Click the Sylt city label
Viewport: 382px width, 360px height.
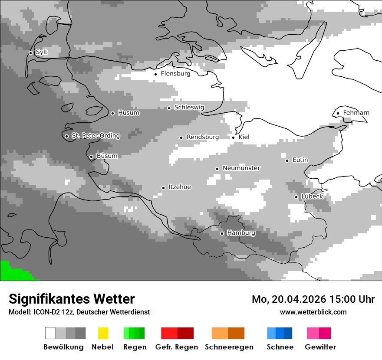(x=42, y=52)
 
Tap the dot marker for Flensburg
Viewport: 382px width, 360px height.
(x=155, y=74)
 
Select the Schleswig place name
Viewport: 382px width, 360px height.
(x=189, y=107)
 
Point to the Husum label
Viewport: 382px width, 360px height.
(x=128, y=113)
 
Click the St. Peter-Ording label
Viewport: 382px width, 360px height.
(x=95, y=136)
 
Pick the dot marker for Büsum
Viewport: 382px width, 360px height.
(x=91, y=157)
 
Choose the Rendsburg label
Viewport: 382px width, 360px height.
(x=202, y=137)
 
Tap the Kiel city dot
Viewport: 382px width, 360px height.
(x=234, y=137)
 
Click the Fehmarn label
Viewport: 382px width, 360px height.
(x=356, y=113)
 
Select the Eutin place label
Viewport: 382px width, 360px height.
(x=300, y=160)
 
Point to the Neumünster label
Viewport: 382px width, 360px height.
(x=241, y=168)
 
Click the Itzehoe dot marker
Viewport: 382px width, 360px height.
(x=163, y=188)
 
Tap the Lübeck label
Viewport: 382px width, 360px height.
(x=312, y=196)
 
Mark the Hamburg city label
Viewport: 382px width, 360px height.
(x=241, y=233)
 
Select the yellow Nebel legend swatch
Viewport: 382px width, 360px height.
(x=103, y=333)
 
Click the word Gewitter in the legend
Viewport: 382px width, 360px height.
(x=320, y=347)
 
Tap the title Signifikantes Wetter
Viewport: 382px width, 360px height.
(x=72, y=299)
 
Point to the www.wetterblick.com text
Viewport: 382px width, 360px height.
(x=313, y=312)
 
